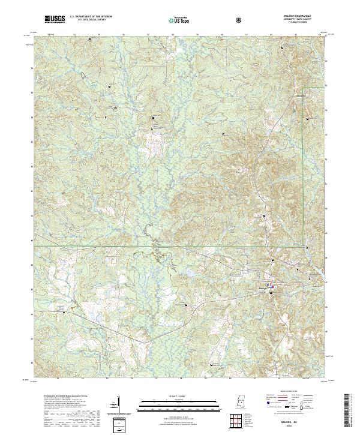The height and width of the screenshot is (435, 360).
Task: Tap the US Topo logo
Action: tap(176, 19)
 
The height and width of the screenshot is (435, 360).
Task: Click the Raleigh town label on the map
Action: tap(262, 289)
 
